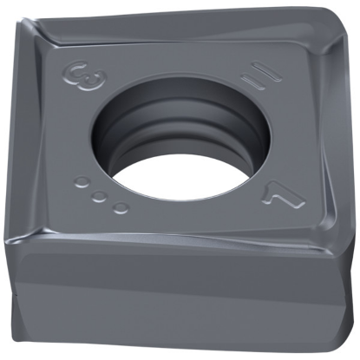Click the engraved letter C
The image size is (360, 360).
pos(77,70)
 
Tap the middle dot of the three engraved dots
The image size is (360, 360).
pos(99,194)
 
